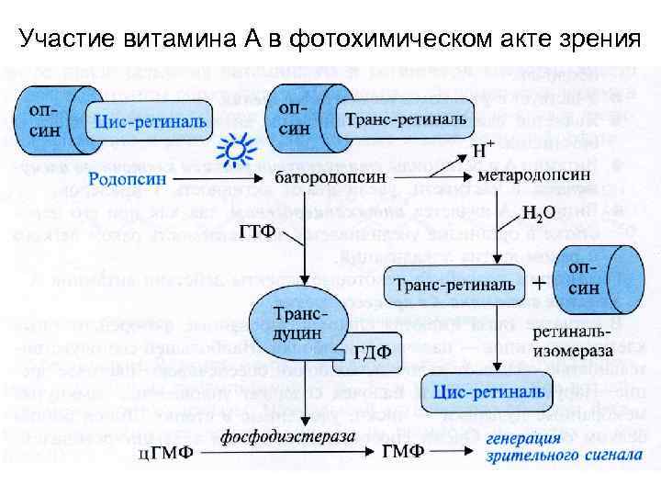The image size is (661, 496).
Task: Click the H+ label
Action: [x=483, y=148]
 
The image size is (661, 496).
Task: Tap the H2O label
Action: [x=536, y=216]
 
